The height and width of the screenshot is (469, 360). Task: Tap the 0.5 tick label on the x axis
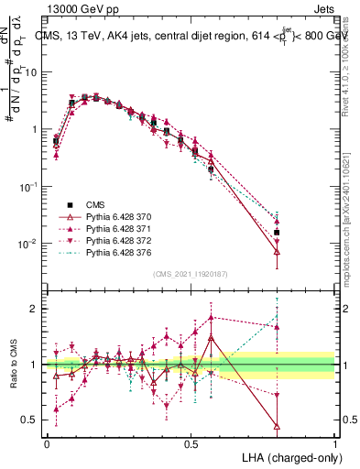click(x=191, y=442)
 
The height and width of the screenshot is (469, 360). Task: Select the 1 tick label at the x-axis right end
click(x=335, y=442)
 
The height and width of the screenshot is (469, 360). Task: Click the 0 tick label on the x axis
click(x=47, y=442)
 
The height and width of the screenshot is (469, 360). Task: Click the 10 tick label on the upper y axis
click(x=32, y=71)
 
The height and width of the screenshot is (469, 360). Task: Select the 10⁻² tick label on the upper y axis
click(x=29, y=244)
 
